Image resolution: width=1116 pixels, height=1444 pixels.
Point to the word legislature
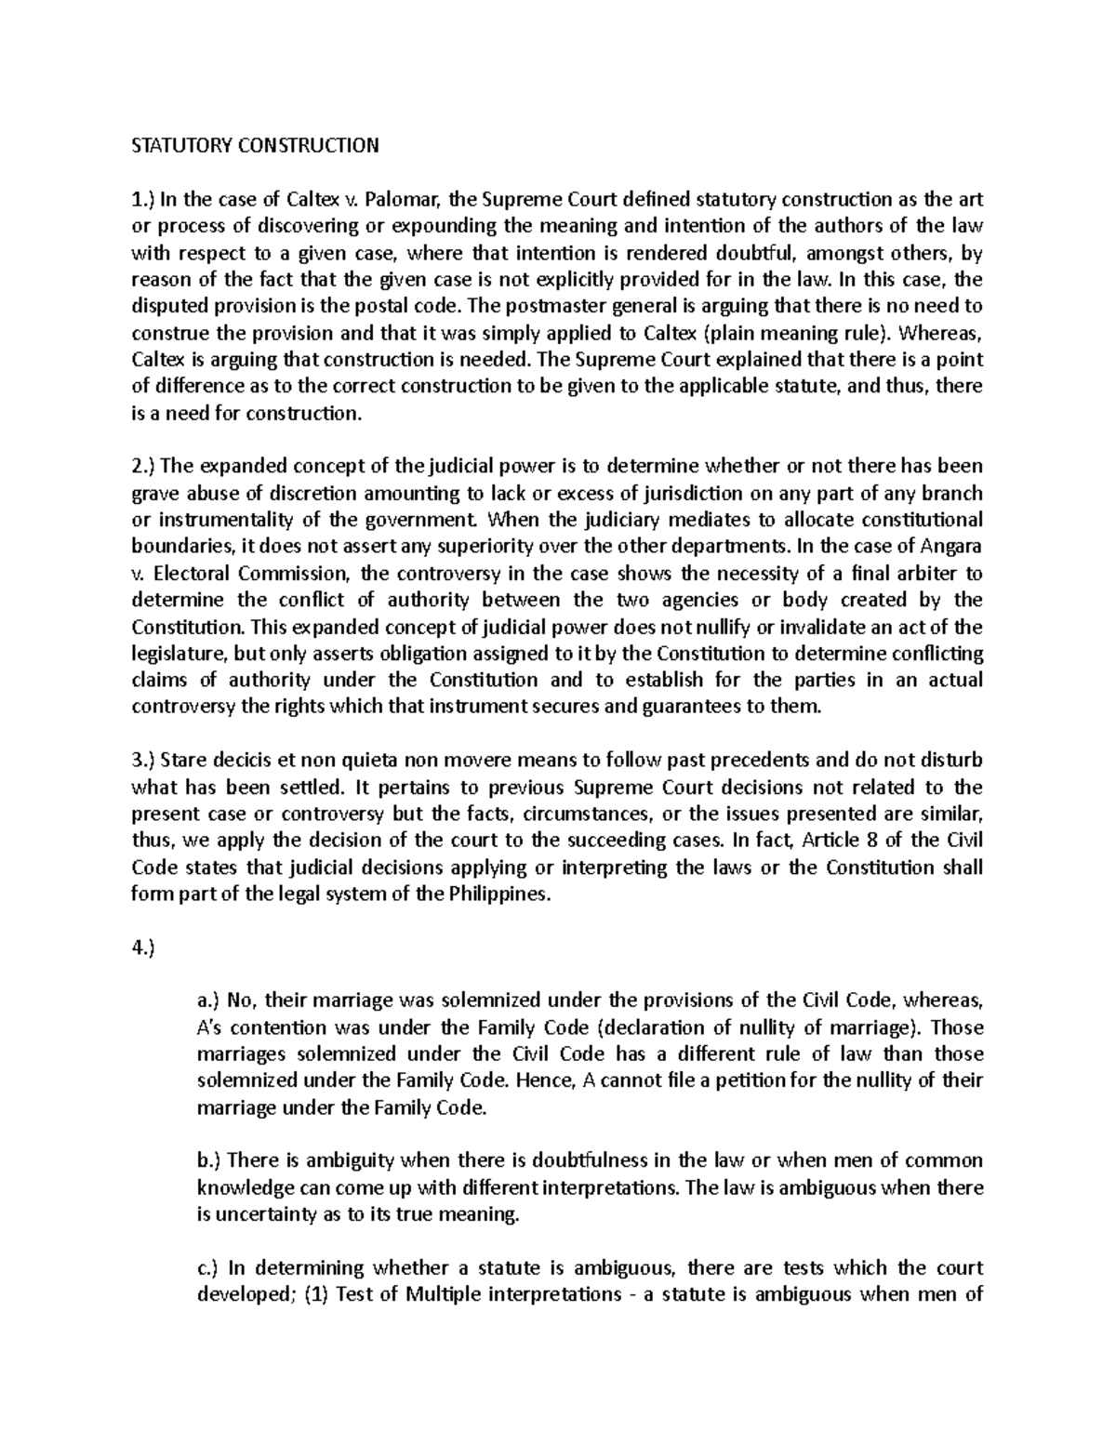(179, 654)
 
